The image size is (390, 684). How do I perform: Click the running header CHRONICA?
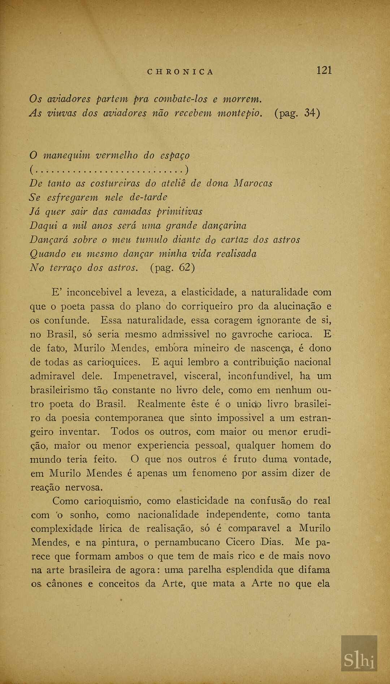click(180, 71)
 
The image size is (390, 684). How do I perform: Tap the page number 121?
click(324, 70)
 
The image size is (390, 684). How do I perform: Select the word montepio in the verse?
click(239, 113)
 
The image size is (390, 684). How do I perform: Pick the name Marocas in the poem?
click(252, 183)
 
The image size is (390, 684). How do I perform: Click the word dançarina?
click(224, 226)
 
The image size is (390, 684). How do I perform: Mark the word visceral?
click(202, 376)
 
